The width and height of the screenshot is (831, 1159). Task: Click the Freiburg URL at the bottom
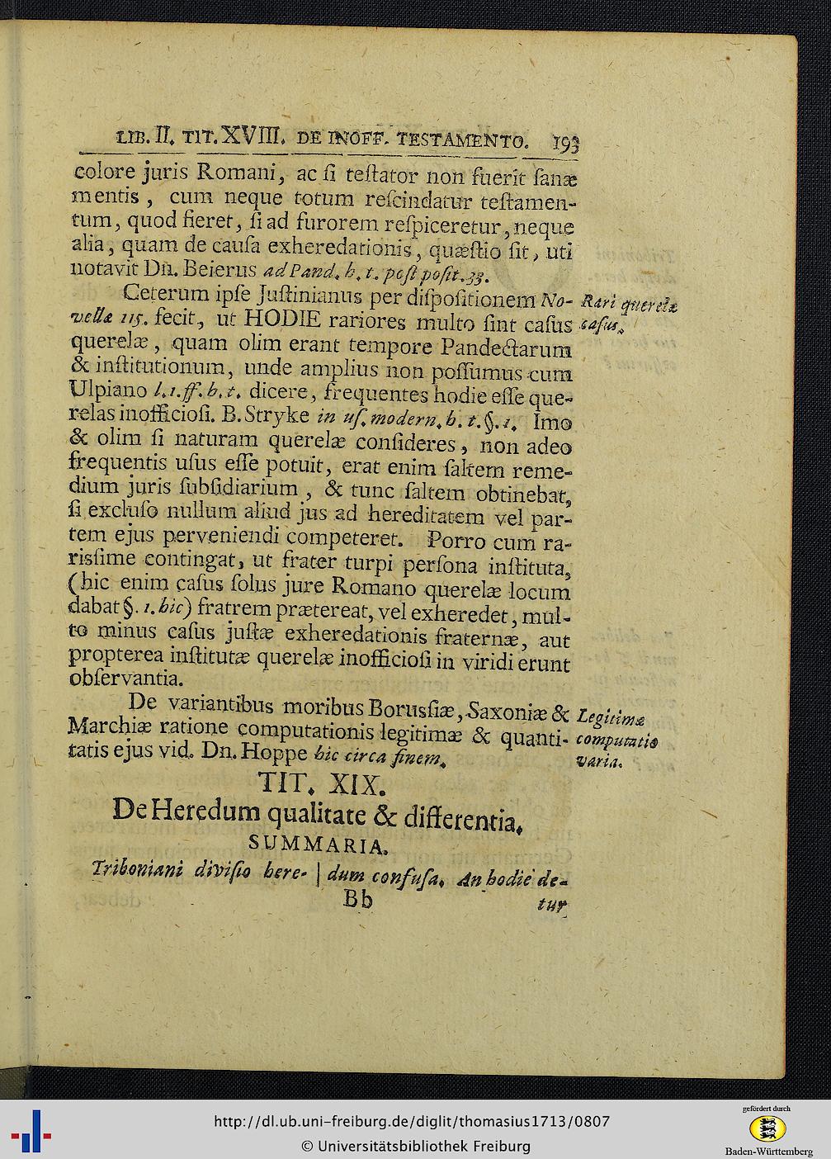coord(412,1121)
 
